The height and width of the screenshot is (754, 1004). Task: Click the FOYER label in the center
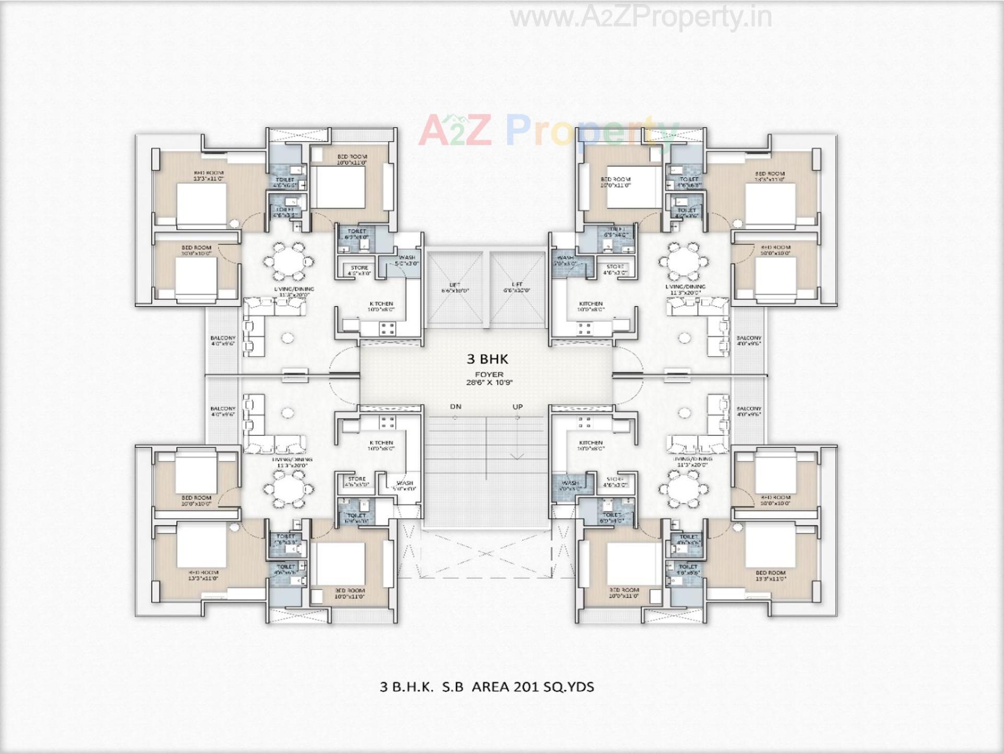point(489,375)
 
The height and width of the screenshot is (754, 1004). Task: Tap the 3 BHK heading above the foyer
point(487,359)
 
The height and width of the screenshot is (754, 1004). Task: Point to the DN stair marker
point(455,407)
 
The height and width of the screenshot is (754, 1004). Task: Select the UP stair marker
point(517,407)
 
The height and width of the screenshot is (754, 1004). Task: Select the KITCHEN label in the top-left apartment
point(381,303)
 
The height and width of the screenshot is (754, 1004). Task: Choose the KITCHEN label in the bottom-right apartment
point(591,443)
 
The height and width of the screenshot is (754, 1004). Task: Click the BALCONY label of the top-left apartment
point(223,338)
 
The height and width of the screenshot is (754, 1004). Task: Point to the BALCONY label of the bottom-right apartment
point(749,409)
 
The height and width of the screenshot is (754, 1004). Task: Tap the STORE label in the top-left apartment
point(359,268)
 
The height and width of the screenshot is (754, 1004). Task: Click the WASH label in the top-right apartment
point(565,258)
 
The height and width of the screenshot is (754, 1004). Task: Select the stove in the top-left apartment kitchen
point(387,329)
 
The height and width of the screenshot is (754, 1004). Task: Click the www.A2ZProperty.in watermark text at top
point(641,17)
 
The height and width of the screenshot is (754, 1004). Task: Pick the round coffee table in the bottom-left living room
point(288,413)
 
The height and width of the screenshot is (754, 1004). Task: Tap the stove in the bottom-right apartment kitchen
point(585,422)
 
